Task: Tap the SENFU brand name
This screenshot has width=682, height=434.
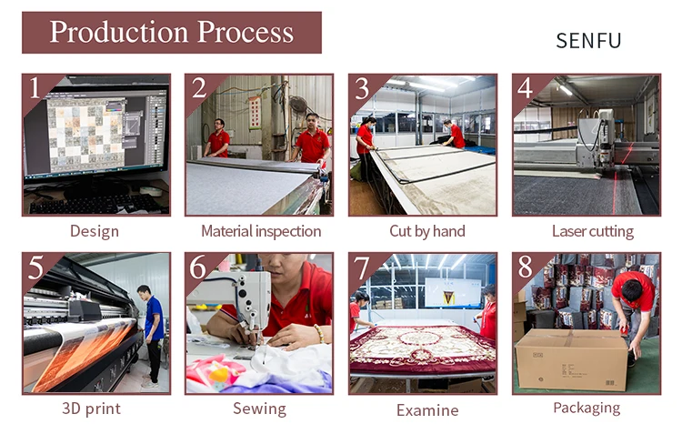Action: (x=588, y=41)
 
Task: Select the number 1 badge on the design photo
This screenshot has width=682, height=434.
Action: (x=35, y=87)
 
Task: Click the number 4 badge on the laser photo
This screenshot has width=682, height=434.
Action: (x=525, y=87)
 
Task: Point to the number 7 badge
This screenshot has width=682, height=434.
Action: (x=361, y=267)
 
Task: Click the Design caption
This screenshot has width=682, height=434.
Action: (x=95, y=231)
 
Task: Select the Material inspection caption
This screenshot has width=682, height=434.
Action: (x=260, y=231)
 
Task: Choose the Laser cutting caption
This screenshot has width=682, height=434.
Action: (x=593, y=231)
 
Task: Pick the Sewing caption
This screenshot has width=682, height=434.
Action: (x=259, y=409)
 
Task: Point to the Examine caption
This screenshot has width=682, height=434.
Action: (x=424, y=409)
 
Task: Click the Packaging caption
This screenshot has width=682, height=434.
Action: (x=587, y=409)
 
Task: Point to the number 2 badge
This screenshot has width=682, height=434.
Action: (x=198, y=87)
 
